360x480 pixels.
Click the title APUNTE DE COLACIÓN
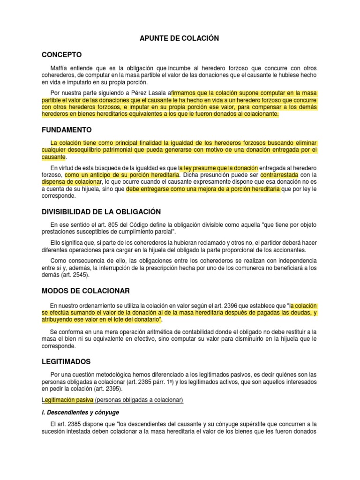180,38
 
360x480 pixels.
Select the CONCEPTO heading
61,54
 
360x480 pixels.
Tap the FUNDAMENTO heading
67,129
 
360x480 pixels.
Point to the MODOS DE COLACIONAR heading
85,291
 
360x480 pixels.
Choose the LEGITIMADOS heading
66,362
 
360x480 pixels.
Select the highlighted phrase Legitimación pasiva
67,400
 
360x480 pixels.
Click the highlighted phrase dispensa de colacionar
71,181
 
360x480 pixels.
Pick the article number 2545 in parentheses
79,275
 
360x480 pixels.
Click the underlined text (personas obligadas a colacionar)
139,400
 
